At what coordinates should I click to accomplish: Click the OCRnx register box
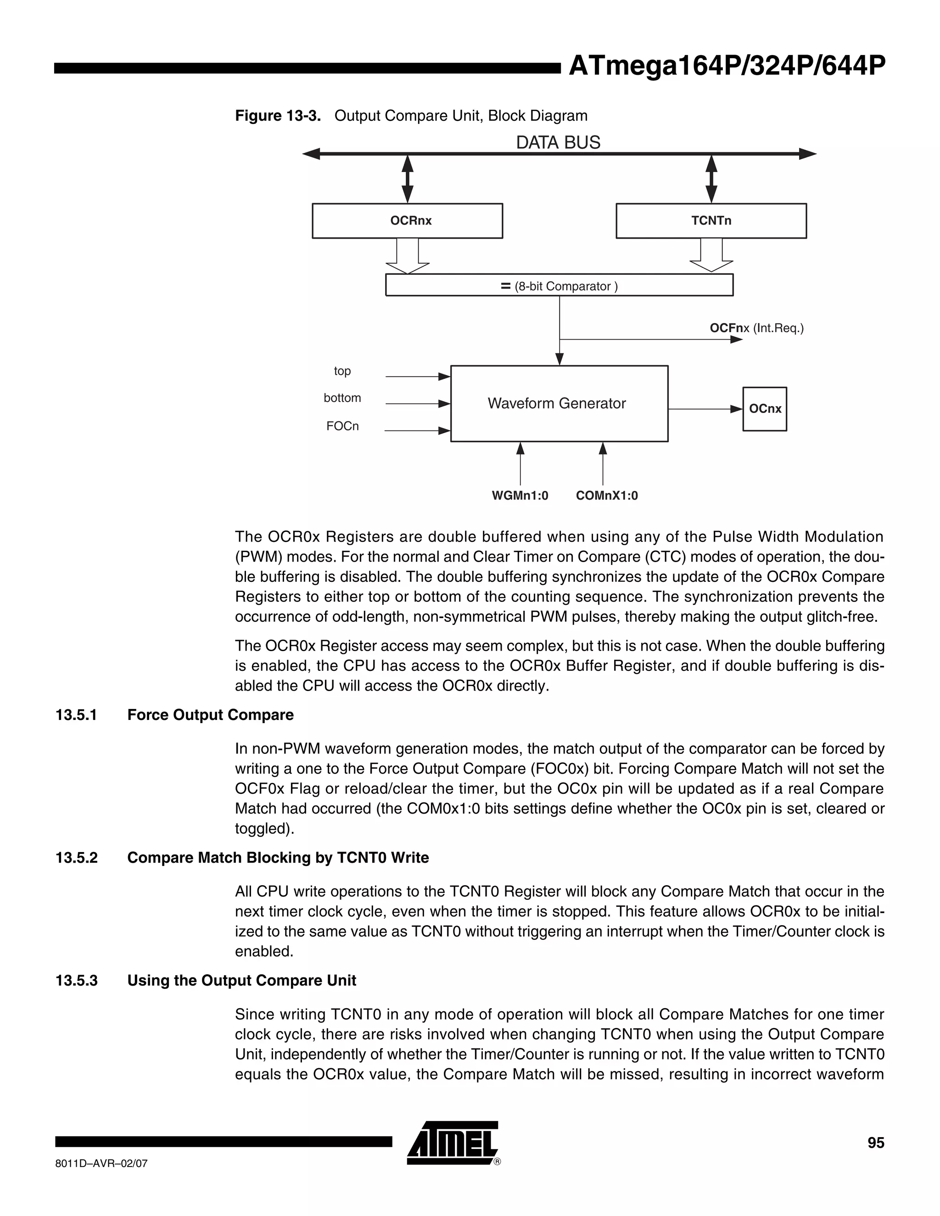[x=407, y=221]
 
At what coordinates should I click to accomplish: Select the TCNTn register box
[x=711, y=221]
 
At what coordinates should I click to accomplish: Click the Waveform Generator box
[x=559, y=404]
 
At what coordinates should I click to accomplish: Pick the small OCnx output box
[x=765, y=409]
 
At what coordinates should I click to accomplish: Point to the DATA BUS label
[x=558, y=143]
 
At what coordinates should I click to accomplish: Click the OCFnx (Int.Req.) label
[x=756, y=329]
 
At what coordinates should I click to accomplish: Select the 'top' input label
[x=342, y=371]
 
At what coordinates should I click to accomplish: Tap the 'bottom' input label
[x=342, y=398]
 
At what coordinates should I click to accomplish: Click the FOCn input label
[x=342, y=426]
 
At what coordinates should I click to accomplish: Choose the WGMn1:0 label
[x=520, y=496]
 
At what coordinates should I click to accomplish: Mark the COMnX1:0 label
[x=606, y=496]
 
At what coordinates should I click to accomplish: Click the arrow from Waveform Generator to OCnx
[x=705, y=409]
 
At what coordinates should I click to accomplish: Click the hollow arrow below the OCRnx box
[x=408, y=256]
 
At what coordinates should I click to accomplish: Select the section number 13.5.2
[x=76, y=858]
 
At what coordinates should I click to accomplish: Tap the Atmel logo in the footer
[x=452, y=1143]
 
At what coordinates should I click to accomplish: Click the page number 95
[x=875, y=1143]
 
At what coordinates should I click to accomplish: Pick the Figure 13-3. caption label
[x=278, y=116]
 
